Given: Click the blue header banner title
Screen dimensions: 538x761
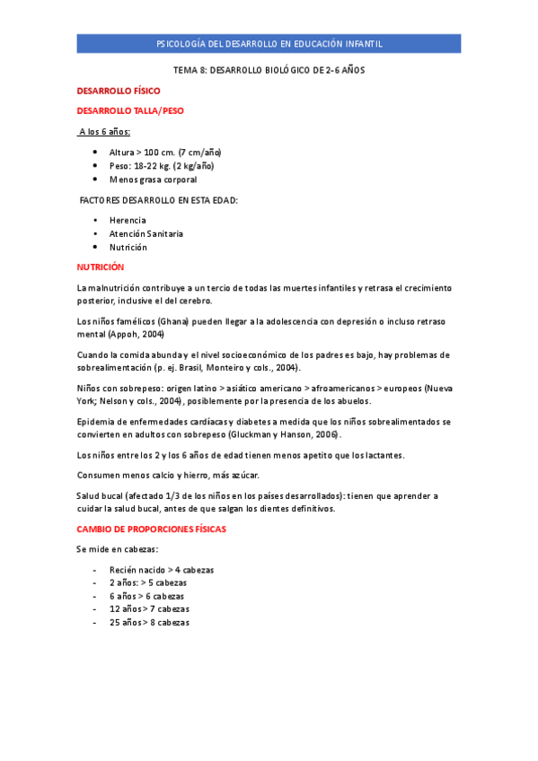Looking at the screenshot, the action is click(x=269, y=44).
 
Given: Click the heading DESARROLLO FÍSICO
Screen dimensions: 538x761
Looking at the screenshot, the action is click(x=119, y=91).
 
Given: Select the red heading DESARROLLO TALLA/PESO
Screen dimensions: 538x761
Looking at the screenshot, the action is click(x=130, y=110).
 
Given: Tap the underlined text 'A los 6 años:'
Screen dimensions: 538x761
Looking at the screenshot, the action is click(x=104, y=132).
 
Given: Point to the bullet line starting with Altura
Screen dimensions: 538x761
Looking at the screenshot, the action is click(x=165, y=153).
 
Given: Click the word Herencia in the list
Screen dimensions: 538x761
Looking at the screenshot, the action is click(x=128, y=220).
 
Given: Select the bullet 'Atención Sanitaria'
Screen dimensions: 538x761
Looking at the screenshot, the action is click(x=146, y=233).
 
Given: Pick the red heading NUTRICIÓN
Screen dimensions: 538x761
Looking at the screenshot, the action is click(x=100, y=267).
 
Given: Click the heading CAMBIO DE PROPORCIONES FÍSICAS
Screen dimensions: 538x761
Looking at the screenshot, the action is click(x=151, y=529).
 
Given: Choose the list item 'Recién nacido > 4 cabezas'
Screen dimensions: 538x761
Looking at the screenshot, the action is click(x=162, y=570).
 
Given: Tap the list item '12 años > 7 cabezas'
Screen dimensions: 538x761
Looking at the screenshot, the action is click(x=149, y=609).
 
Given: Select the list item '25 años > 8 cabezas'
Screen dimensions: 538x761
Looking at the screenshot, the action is click(x=149, y=623).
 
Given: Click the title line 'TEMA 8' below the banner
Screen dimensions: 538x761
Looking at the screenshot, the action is click(x=269, y=69).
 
